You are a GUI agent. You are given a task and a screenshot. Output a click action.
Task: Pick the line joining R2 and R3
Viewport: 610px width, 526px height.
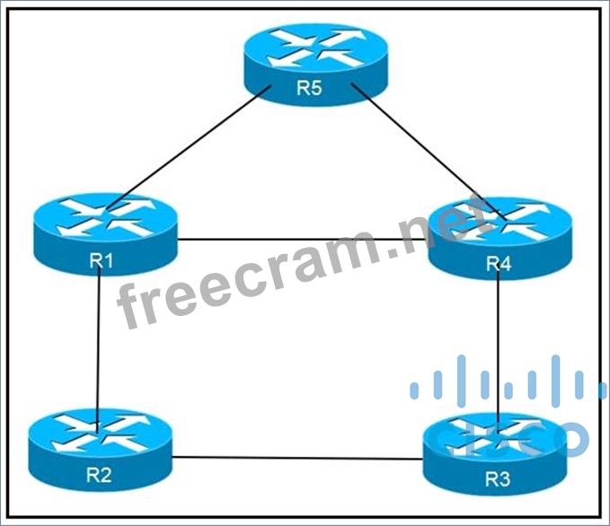(x=296, y=458)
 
